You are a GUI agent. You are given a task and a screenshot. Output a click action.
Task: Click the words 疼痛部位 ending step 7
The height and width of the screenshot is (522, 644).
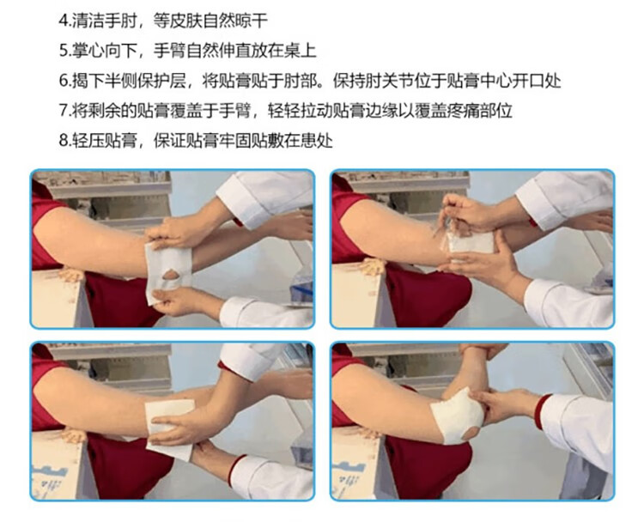tap(482, 111)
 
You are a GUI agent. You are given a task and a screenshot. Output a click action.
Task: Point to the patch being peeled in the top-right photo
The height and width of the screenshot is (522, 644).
tap(468, 239)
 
